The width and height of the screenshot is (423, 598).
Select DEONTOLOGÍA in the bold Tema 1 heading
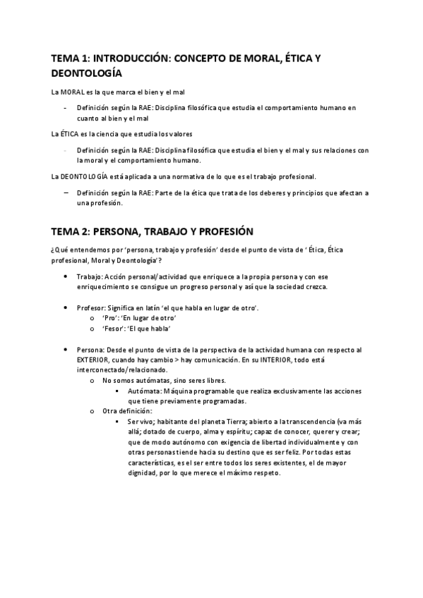tap(86, 73)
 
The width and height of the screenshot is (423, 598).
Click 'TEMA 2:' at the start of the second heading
tap(70, 231)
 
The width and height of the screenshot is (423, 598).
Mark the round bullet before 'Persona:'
tap(66, 348)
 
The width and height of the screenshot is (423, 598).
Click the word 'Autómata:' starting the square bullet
tap(145, 390)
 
